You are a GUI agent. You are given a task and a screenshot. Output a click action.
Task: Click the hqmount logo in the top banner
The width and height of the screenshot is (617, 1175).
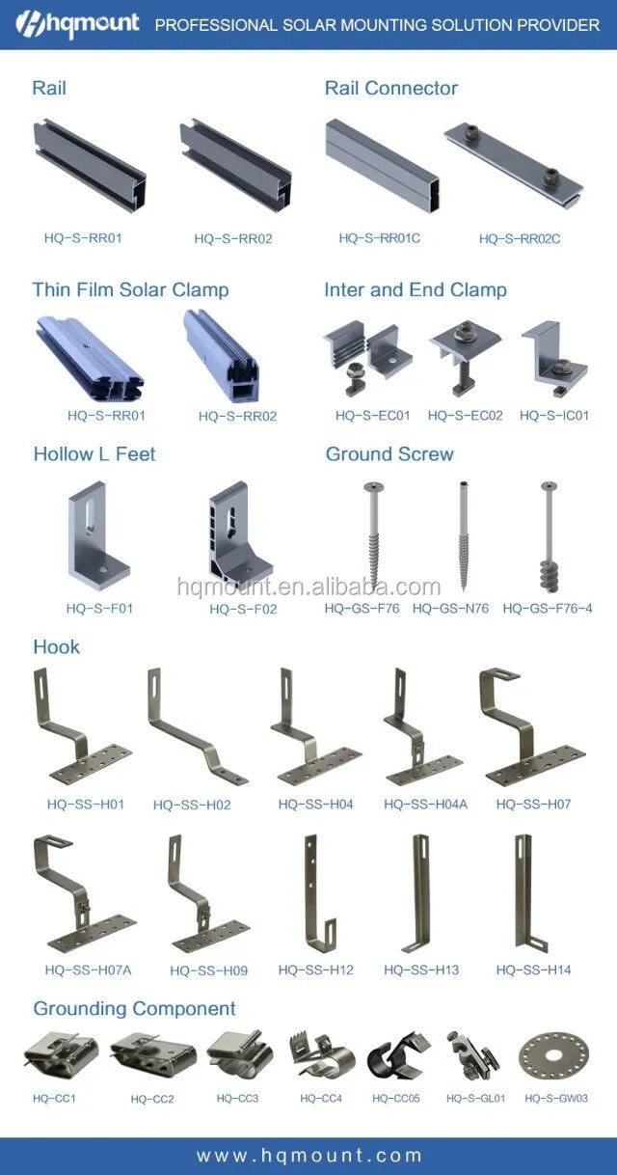click(77, 24)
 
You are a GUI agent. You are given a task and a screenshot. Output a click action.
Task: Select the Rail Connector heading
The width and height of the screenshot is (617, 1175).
click(391, 88)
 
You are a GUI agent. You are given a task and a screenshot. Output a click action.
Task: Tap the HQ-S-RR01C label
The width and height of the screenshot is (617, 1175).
click(380, 238)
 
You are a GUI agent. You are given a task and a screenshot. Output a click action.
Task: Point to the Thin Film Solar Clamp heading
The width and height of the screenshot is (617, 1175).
click(130, 289)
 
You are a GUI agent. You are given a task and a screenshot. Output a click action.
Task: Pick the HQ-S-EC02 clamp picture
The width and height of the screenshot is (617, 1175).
click(465, 357)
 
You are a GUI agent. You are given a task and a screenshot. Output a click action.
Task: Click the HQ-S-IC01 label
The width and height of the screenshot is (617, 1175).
click(554, 416)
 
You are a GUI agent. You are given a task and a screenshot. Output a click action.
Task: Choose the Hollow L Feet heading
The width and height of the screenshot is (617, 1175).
click(94, 454)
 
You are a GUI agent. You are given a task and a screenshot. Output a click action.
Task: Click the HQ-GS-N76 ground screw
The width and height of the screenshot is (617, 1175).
click(463, 535)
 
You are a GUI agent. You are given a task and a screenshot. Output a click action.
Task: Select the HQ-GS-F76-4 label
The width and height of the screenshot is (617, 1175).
click(548, 609)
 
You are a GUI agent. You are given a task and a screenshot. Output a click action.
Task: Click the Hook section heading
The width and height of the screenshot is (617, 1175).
click(57, 646)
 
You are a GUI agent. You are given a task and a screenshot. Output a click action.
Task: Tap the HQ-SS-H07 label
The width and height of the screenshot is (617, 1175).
click(533, 805)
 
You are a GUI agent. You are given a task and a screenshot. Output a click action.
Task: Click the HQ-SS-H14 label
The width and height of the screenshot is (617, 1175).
click(533, 970)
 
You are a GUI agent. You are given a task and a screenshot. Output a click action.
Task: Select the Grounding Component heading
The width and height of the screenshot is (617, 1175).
click(134, 1008)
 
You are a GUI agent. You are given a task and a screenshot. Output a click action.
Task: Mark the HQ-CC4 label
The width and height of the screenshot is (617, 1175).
click(321, 1098)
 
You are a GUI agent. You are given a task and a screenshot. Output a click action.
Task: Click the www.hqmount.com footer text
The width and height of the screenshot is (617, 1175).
click(309, 1156)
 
